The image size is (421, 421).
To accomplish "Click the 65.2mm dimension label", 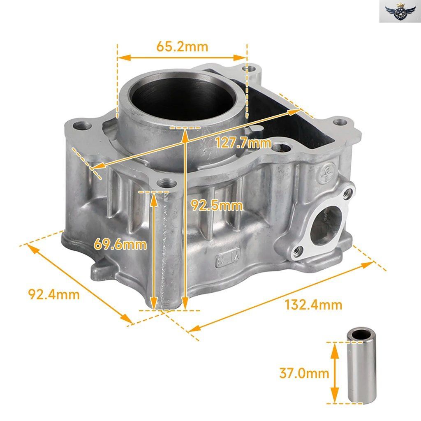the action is (182, 47).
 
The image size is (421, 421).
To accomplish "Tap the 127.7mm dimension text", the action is (243, 143).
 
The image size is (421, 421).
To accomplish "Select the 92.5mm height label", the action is (217, 206).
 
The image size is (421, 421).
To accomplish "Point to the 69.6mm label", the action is (120, 245).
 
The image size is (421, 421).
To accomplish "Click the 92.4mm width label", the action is (54, 294).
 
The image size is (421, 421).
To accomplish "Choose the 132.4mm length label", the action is (313, 305).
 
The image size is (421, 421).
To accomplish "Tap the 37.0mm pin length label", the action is (304, 373).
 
